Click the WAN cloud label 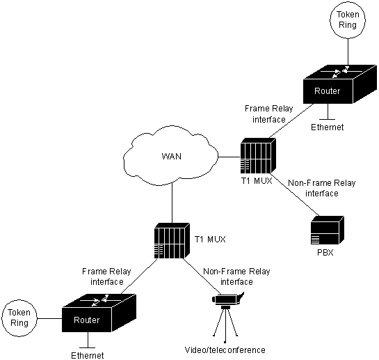[171, 156]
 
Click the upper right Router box [340, 84]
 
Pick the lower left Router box [99, 313]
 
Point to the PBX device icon [328, 230]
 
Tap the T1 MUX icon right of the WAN [258, 156]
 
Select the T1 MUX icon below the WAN [172, 241]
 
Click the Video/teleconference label [225, 350]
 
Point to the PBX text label [325, 253]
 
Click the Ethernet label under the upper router [327, 127]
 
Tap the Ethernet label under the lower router [88, 355]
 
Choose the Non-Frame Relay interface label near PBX [322, 188]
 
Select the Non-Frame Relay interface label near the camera [236, 276]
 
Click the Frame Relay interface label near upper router [269, 114]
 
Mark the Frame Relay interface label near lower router [106, 276]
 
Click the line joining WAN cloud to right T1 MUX [229, 157]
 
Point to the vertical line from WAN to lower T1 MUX [172, 203]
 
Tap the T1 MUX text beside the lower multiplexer [210, 240]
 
